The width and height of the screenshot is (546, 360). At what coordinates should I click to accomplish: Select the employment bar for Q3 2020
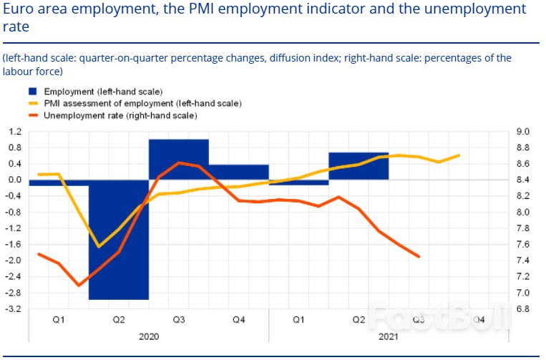pos(178,159)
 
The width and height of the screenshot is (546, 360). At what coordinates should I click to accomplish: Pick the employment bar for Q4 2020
pos(238,172)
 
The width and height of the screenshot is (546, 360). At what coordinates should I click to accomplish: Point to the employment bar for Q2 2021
pos(358,165)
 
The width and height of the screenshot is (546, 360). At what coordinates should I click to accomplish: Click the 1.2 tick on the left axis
pos(15,132)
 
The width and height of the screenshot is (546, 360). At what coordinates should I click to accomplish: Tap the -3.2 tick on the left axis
pos(14,309)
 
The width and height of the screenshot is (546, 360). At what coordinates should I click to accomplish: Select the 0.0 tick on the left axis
pos(15,180)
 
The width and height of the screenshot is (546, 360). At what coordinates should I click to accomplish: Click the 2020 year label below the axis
pos(148,336)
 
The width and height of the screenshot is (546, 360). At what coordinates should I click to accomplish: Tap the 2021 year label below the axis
pos(388,336)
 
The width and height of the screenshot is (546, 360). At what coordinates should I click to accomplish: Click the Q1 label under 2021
pos(298,320)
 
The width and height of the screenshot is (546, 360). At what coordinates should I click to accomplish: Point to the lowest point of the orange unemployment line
pos(79,286)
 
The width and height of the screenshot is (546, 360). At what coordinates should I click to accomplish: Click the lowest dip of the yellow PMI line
pos(99,247)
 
